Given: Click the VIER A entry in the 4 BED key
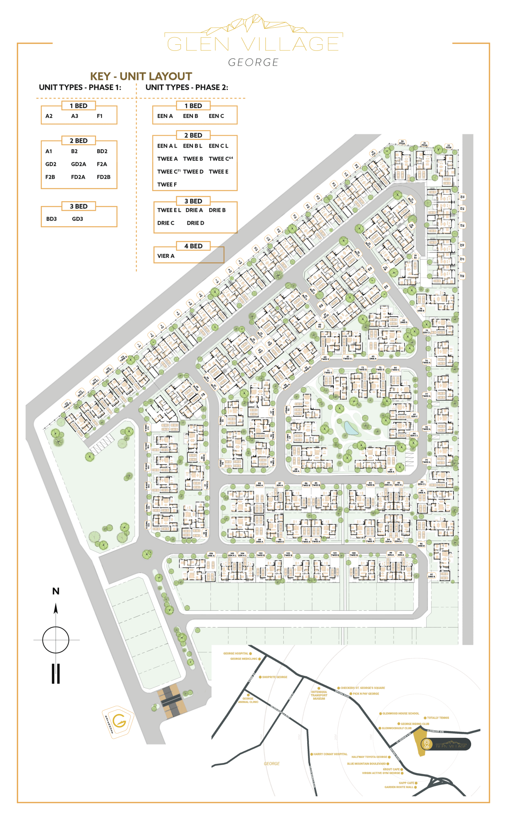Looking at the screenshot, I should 166,256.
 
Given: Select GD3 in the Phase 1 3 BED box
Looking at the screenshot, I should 78,219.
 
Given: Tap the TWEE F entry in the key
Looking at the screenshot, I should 167,184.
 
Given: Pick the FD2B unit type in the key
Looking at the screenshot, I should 103,177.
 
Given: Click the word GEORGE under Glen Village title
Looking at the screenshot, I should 253,62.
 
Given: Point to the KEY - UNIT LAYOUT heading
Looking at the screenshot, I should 141,76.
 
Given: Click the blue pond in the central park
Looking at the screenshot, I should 351,428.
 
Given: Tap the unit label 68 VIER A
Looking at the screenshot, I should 296,470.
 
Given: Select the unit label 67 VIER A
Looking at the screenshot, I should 391,471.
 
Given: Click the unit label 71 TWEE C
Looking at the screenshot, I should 328,372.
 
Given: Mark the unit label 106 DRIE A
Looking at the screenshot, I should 211,555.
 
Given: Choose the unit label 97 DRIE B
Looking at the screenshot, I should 431,575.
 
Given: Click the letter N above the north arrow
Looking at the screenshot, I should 56,591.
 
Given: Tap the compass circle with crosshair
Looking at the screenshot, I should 56,640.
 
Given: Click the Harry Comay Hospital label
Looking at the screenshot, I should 330,754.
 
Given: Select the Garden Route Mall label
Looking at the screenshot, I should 399,787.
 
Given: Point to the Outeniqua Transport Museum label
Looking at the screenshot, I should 319,695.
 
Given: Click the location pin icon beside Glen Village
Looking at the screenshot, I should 427,744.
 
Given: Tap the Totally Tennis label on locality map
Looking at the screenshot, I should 438,718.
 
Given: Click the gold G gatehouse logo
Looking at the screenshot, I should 119,721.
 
